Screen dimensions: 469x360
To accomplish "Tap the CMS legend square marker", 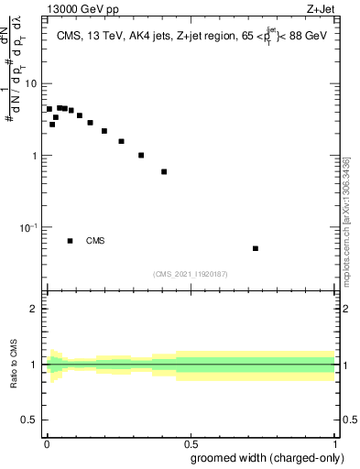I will point(71,241).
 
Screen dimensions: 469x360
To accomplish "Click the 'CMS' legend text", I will point(95,241).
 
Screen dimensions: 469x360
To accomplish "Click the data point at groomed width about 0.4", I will point(164,171).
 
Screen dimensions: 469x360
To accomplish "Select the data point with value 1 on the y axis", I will point(141,155).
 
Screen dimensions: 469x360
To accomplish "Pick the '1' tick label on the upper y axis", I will point(34,155).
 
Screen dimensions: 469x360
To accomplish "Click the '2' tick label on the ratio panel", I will point(34,309).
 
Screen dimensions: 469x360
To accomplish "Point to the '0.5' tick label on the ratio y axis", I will point(29,420).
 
